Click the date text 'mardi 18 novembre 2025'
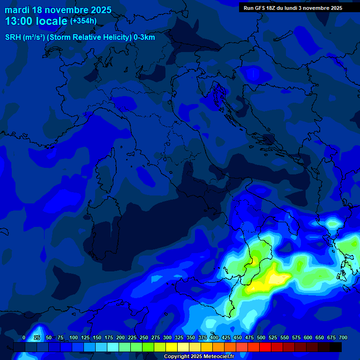58,10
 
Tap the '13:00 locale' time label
37,21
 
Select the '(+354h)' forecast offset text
83,21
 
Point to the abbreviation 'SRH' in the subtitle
13,37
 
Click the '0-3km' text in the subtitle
144,37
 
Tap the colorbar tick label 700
343,337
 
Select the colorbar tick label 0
24,337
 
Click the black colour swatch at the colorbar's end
335,347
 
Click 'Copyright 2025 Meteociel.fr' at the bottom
199,357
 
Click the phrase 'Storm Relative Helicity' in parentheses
89,37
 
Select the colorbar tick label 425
225,337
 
